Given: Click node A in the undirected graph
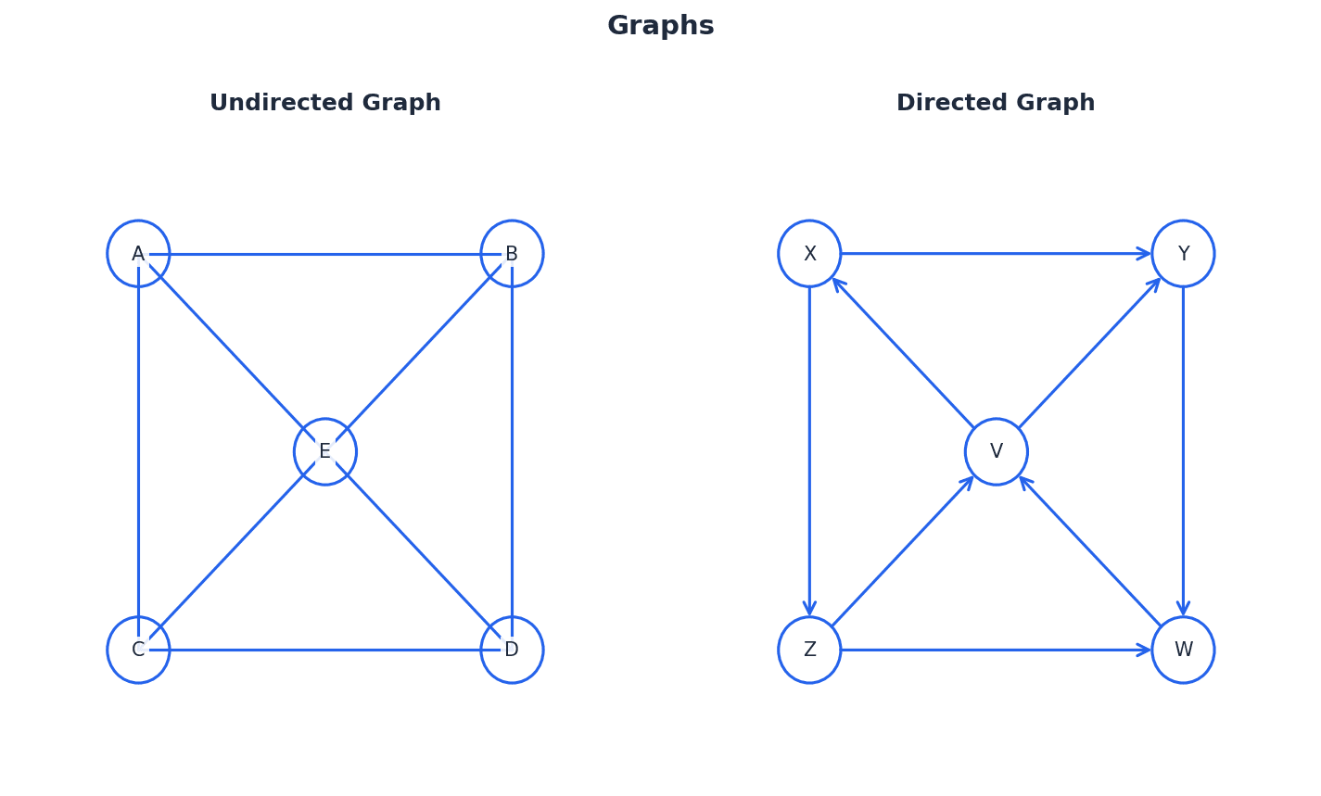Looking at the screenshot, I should click(x=138, y=254).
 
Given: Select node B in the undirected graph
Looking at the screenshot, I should click(x=512, y=254).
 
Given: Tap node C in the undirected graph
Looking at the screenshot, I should click(x=138, y=650).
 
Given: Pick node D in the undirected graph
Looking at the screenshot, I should click(x=512, y=650).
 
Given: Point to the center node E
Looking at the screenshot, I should click(x=325, y=451).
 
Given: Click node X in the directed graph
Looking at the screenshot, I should click(x=809, y=254).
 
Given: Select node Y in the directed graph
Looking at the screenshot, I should click(x=1183, y=254).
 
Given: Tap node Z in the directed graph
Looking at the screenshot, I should click(x=809, y=650).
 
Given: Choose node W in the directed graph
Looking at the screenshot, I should click(x=1183, y=650).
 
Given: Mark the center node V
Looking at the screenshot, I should click(x=997, y=451).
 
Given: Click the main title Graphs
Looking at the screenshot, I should click(x=660, y=26).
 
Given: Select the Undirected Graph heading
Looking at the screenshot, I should click(x=325, y=103).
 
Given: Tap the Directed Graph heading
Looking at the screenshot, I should click(x=996, y=103).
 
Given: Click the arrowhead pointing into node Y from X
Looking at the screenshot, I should click(x=1144, y=254).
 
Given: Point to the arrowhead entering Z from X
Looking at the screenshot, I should click(x=809, y=608).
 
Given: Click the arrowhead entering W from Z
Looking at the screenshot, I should click(x=1144, y=650).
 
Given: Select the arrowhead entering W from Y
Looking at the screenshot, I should click(x=1183, y=608).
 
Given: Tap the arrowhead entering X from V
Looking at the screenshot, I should click(x=838, y=284).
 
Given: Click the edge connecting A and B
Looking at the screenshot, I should click(x=325, y=254).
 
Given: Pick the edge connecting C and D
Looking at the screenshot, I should click(x=325, y=650).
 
